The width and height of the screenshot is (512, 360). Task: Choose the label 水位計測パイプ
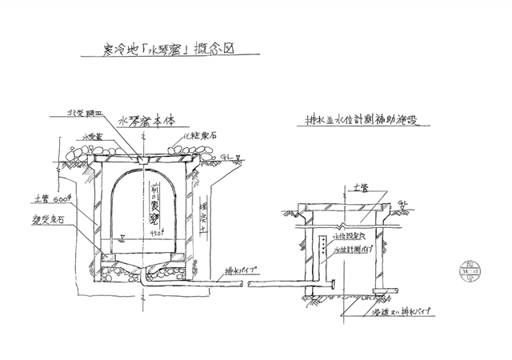[354, 250]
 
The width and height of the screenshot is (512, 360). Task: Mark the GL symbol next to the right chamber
[401, 204]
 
